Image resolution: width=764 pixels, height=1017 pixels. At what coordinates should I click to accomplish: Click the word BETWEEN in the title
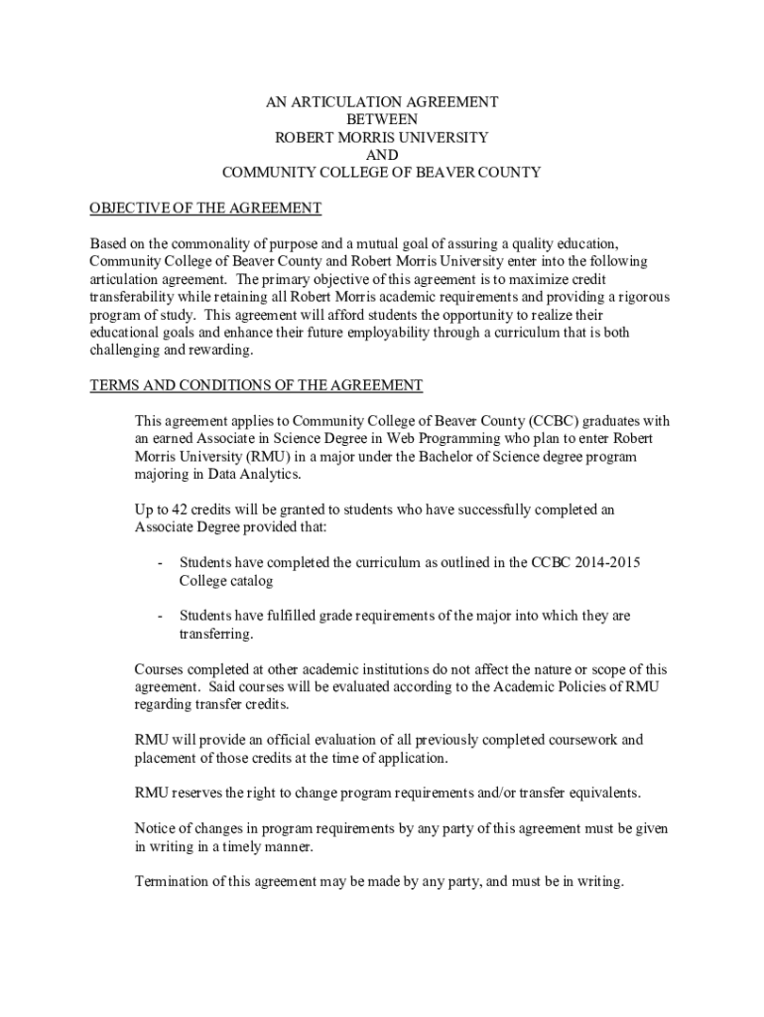(x=382, y=119)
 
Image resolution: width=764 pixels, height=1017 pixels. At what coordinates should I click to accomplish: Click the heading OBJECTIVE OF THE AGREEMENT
(x=205, y=208)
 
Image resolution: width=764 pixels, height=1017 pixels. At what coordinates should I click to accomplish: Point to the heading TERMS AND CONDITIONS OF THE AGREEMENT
(x=256, y=385)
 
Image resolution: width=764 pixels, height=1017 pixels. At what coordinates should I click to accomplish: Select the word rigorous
(x=642, y=297)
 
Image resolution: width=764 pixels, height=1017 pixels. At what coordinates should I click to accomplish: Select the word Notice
(x=156, y=828)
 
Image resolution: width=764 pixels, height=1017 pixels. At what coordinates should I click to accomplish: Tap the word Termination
(x=174, y=882)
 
